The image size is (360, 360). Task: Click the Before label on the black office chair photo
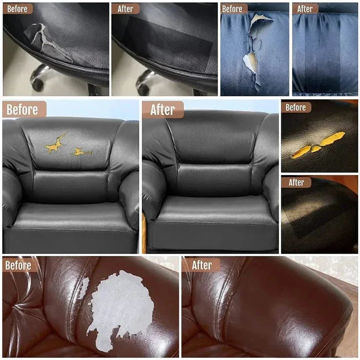click(17, 9)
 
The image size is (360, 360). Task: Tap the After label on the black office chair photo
click(125, 9)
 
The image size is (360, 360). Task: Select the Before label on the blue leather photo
click(232, 9)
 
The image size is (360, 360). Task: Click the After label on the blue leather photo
click(305, 9)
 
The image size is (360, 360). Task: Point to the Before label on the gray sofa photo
click(22, 109)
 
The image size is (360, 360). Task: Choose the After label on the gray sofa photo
click(163, 109)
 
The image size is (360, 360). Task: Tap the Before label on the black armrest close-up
click(296, 107)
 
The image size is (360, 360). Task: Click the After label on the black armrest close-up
click(297, 183)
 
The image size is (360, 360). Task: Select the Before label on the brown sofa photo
click(18, 266)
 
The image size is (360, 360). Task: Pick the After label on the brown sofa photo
click(202, 265)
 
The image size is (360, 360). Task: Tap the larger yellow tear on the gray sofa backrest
click(55, 144)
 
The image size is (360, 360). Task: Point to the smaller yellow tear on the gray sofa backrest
click(82, 152)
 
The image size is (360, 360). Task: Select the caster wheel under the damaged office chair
click(37, 85)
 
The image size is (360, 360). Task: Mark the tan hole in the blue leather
click(251, 61)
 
